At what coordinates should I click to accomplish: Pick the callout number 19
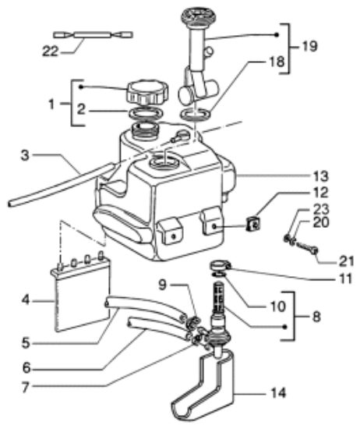pyautogui.click(x=311, y=47)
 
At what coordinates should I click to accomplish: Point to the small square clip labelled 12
pyautogui.click(x=252, y=225)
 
